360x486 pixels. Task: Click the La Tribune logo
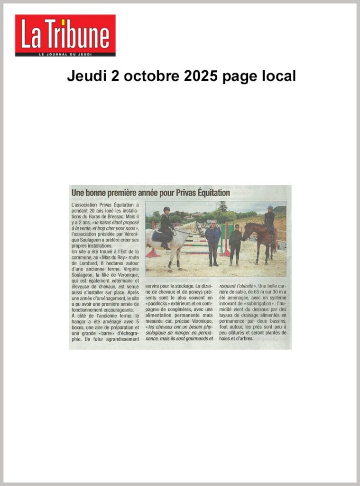click(x=65, y=35)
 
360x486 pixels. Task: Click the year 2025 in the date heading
click(x=199, y=76)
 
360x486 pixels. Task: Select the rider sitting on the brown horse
click(x=269, y=220)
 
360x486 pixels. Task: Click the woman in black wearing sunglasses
click(x=235, y=244)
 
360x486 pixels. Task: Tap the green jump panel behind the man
click(x=223, y=237)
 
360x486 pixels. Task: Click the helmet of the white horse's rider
click(x=166, y=209)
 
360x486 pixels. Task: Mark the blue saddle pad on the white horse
click(x=158, y=236)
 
